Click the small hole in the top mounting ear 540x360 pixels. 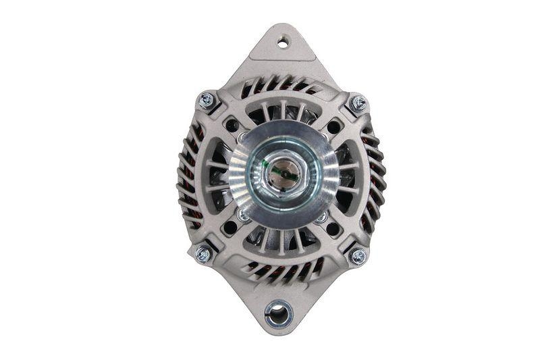pyautogui.click(x=282, y=43)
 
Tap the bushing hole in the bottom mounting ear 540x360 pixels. pyautogui.click(x=278, y=312)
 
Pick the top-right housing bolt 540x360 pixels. pyautogui.click(x=358, y=104)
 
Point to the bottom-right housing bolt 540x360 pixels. pyautogui.click(x=358, y=256)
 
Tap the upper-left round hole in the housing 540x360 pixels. pyautogui.click(x=232, y=126)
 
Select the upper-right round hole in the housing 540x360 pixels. pyautogui.click(x=333, y=126)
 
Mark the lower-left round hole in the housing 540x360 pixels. pyautogui.click(x=230, y=227)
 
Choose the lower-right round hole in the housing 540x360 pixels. pyautogui.click(x=333, y=228)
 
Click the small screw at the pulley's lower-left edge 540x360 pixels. pyautogui.click(x=241, y=215)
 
